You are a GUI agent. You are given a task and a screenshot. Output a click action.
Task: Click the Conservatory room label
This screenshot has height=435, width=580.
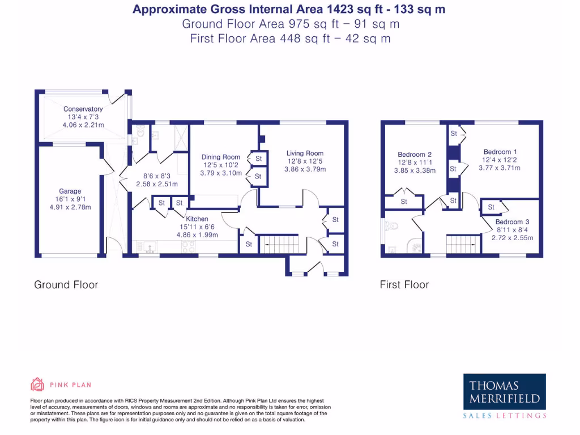[x=83, y=109]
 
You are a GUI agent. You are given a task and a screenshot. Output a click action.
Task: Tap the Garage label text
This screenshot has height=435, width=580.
[x=70, y=191]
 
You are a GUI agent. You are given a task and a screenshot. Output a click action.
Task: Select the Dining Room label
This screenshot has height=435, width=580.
[x=221, y=157]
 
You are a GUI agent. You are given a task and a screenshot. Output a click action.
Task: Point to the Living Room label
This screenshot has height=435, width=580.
[x=305, y=153]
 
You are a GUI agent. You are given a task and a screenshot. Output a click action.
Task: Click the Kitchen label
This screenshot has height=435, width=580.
[x=197, y=219]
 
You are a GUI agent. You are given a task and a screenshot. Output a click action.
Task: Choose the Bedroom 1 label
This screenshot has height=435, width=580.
[x=500, y=152]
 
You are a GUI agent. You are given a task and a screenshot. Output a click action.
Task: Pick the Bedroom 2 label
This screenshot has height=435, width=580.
[x=415, y=155]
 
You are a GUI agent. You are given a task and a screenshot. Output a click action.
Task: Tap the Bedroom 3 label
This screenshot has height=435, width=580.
[x=512, y=222]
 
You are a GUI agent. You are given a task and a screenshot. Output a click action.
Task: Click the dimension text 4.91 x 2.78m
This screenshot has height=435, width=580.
[x=70, y=207]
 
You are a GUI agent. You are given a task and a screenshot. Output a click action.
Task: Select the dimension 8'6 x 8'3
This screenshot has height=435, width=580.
[x=157, y=176]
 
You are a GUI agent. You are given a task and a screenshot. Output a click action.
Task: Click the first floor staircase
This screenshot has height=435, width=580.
[x=463, y=244]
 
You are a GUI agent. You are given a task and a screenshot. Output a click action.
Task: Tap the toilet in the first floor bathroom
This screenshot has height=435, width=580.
[x=391, y=225]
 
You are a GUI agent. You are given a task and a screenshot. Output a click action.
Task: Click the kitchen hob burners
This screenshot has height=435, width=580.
[x=188, y=247]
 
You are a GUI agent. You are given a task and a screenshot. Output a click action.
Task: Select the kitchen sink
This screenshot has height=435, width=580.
[x=148, y=247]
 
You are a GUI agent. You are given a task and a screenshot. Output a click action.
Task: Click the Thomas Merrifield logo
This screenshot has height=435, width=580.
[x=505, y=396]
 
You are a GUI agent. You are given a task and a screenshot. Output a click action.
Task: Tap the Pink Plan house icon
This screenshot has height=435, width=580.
[x=37, y=385]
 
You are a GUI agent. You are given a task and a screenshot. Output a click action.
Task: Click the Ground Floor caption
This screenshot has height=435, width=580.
[x=66, y=285]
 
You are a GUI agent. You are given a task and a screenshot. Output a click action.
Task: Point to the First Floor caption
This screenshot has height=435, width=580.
[x=404, y=285]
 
